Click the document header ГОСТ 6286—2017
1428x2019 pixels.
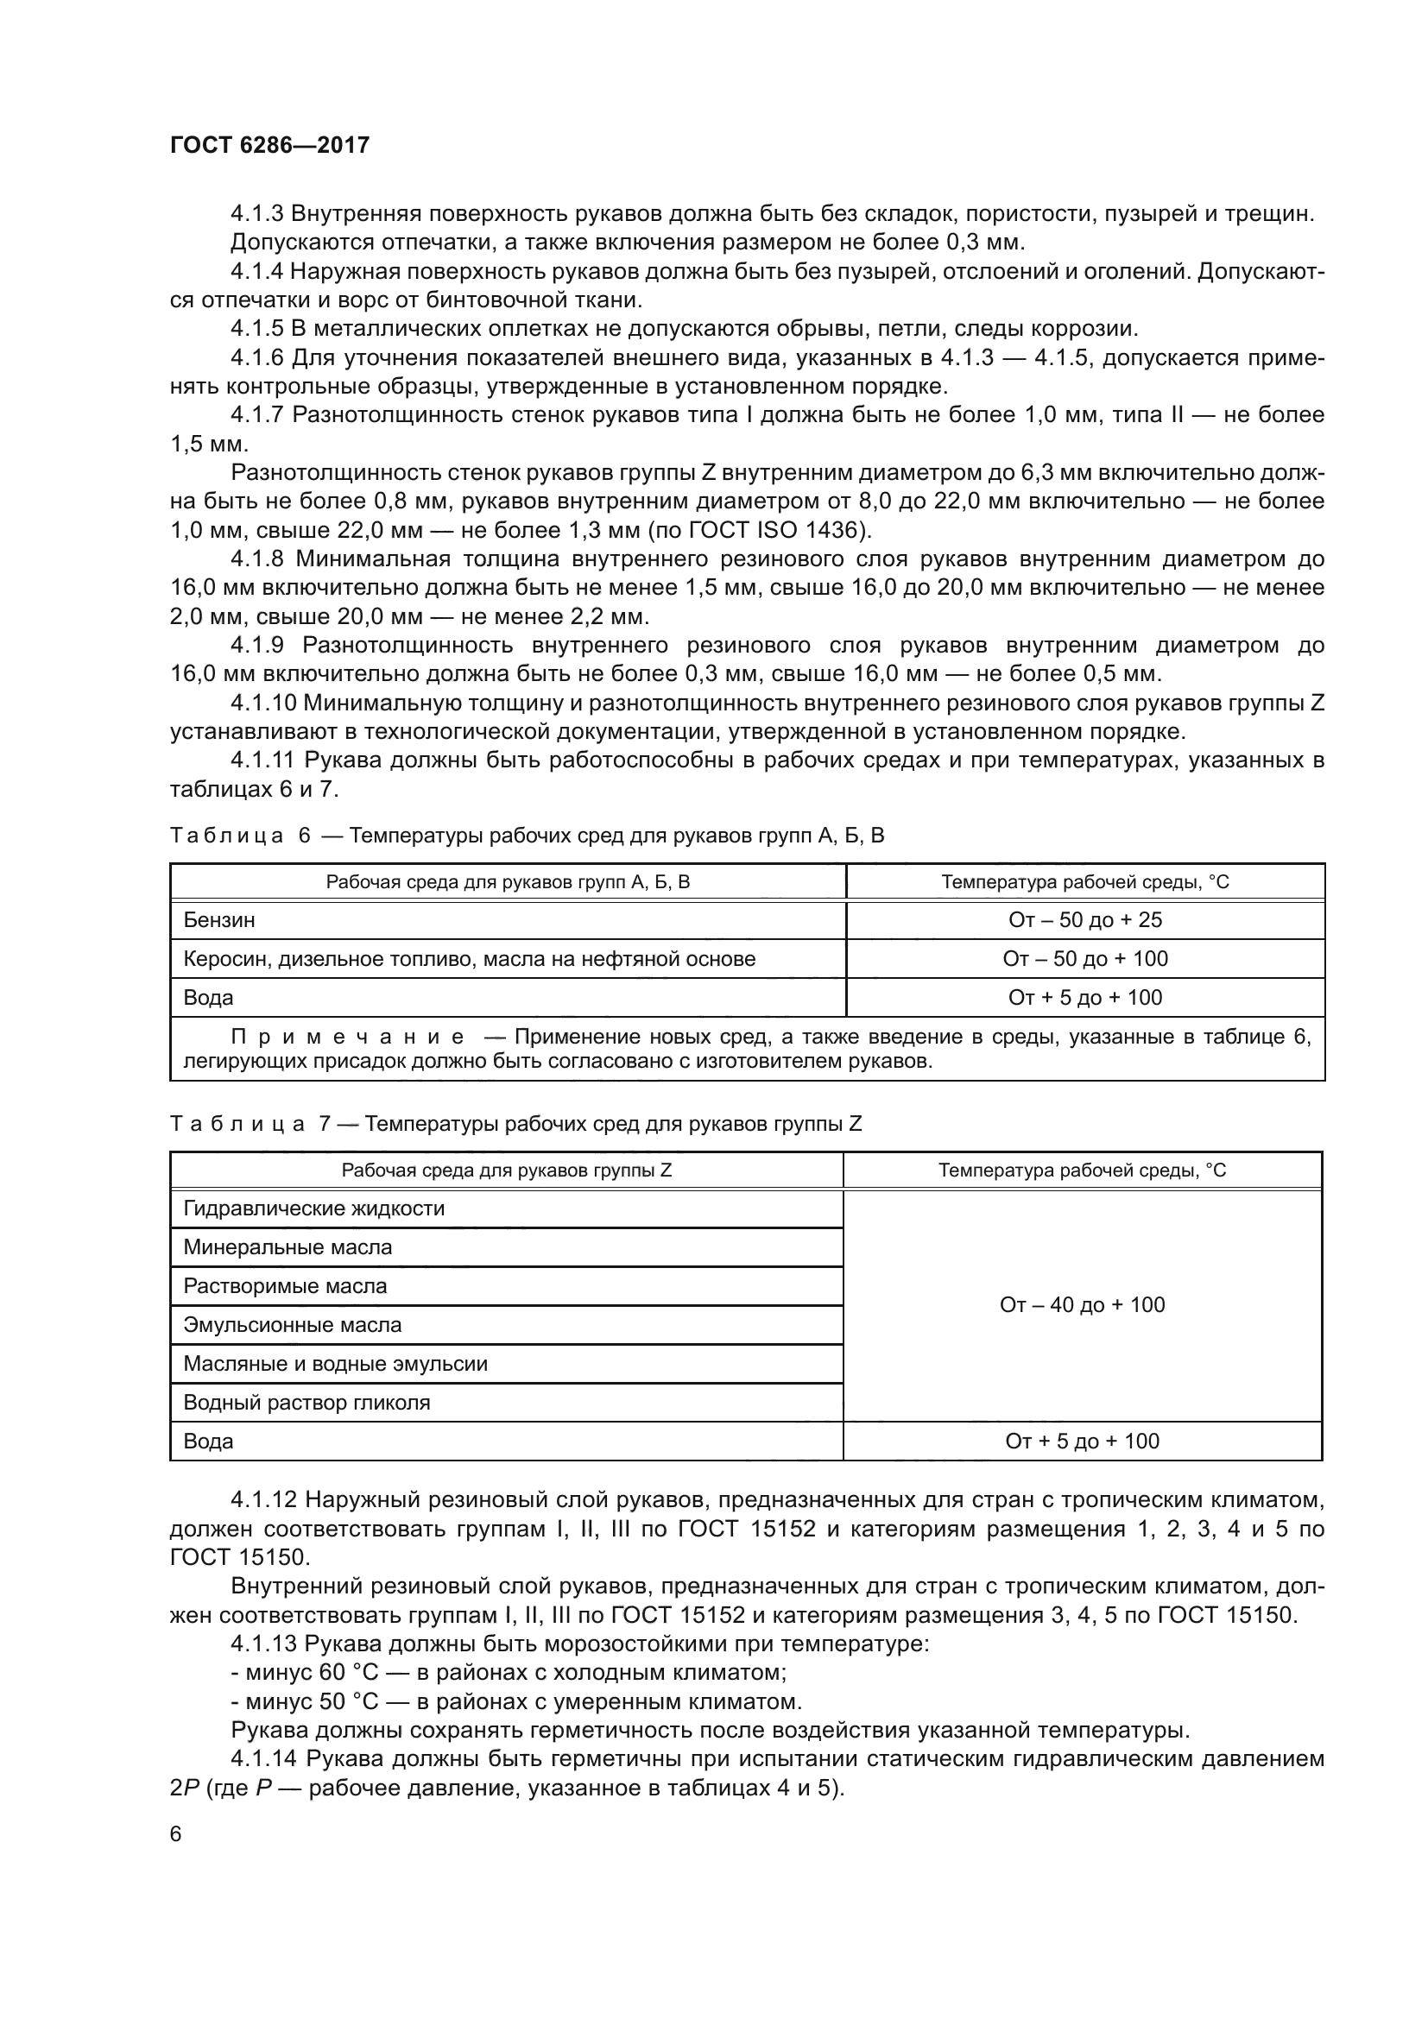270,145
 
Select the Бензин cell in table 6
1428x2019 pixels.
219,920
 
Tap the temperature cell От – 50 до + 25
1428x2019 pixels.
1084,920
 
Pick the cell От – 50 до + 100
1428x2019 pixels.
1084,958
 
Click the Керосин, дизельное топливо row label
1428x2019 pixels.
469,958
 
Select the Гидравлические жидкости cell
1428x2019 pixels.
314,1208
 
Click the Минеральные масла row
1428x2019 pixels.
287,1247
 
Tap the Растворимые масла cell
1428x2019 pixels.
285,1285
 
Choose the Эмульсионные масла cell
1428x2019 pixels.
292,1324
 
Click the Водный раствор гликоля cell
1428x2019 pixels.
306,1402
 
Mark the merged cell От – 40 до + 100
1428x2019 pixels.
1082,1305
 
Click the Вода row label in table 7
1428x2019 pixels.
208,1441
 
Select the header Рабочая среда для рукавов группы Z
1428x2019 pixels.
507,1170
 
